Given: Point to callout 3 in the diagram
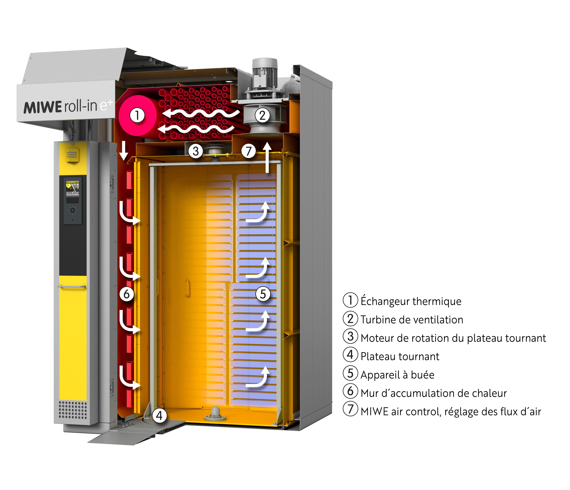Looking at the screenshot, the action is [196, 151].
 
